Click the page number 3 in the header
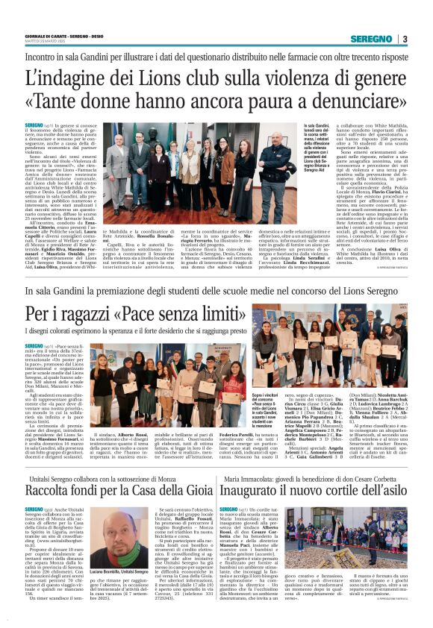coord(405,39)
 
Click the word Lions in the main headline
coord(155,77)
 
